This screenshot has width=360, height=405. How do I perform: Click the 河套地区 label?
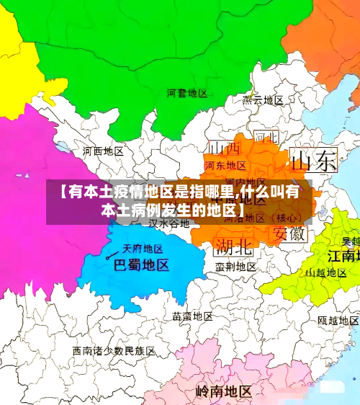tap(186, 93)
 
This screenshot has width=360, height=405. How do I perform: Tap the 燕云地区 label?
tap(263, 100)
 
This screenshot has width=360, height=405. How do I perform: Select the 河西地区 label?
tap(103, 151)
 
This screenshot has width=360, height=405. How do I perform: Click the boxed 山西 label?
tap(224, 148)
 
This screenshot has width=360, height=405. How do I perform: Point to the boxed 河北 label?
tap(265, 136)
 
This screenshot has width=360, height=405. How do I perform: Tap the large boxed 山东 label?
tap(313, 160)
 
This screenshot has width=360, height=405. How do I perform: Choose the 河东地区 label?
tap(224, 165)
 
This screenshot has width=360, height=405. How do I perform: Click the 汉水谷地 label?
tap(168, 223)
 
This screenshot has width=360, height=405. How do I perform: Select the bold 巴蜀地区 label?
tap(142, 265)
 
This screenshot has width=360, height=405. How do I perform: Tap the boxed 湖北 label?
tap(234, 247)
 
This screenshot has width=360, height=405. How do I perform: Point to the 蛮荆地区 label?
tap(235, 266)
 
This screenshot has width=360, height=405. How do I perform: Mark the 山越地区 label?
tap(326, 273)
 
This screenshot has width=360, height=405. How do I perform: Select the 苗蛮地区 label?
tap(192, 316)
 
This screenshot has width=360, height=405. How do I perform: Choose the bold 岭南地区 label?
tap(223, 392)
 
